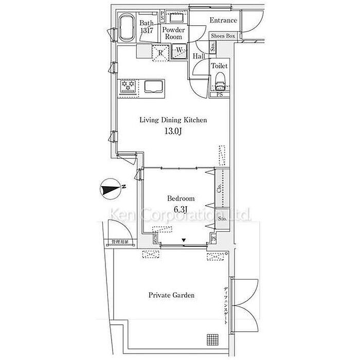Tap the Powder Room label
[x=174, y=33]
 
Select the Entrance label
[x=224, y=21]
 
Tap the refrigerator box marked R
[x=160, y=52]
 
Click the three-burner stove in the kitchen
[x=129, y=86]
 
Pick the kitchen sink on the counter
[x=152, y=86]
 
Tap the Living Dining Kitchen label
[x=174, y=120]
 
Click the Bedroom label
[x=181, y=199]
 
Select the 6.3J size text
[x=181, y=209]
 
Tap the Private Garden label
[x=172, y=295]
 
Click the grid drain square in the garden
[x=213, y=339]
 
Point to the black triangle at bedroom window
[x=184, y=240]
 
